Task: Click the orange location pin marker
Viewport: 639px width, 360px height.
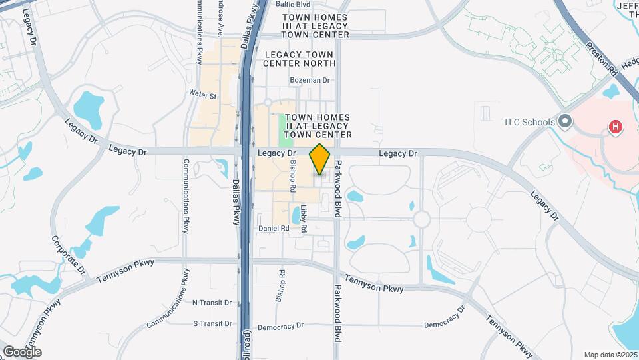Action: click(x=320, y=159)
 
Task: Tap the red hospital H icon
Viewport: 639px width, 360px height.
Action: click(x=616, y=126)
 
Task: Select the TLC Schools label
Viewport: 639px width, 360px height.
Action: click(x=529, y=121)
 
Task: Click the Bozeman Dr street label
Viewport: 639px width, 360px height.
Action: click(x=310, y=80)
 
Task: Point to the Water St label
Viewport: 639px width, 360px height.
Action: click(x=203, y=95)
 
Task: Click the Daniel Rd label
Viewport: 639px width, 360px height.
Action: click(x=274, y=228)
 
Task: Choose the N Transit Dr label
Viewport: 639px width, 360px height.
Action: click(x=212, y=302)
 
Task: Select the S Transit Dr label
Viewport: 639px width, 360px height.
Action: click(x=212, y=323)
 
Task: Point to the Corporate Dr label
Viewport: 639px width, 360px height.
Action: click(x=69, y=254)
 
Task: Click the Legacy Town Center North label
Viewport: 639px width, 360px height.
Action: click(x=300, y=59)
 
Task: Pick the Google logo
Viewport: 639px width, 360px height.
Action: click(x=22, y=351)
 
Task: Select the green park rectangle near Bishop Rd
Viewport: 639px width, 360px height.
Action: click(x=286, y=131)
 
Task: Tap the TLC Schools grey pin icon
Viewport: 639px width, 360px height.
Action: click(x=566, y=121)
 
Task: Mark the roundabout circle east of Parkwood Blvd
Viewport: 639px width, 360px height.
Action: click(x=421, y=219)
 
